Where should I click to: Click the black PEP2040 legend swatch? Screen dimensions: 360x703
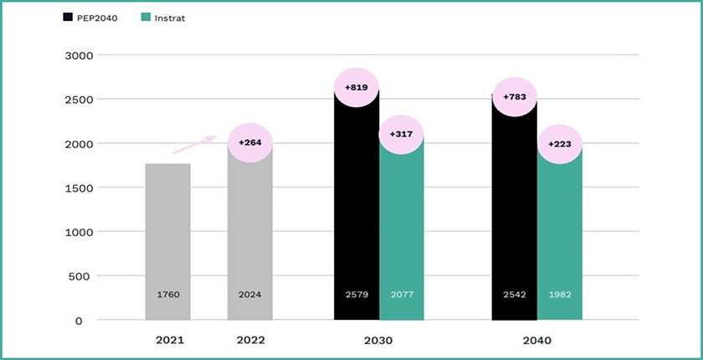click(68, 17)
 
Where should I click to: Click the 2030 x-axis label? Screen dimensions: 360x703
click(378, 341)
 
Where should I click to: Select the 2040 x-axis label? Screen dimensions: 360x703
click(536, 341)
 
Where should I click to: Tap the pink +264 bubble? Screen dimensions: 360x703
click(250, 143)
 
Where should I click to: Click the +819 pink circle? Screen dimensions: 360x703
click(356, 86)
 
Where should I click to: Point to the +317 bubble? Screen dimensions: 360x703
click(401, 134)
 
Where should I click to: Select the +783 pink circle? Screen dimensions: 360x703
click(514, 97)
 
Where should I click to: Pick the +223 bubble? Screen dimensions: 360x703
click(559, 144)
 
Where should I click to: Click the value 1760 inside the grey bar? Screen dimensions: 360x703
click(167, 295)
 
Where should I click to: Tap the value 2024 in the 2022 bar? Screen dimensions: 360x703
click(250, 295)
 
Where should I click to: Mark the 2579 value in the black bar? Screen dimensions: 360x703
click(356, 295)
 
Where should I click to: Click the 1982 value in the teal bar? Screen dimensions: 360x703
click(559, 295)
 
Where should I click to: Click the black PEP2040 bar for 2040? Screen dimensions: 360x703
click(514, 218)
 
